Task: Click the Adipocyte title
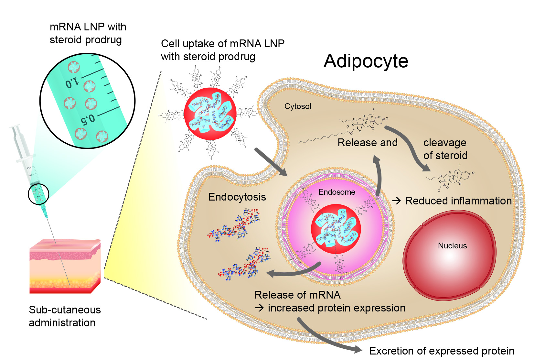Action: click(366, 61)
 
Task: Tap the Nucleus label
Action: click(452, 246)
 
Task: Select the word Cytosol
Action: click(298, 106)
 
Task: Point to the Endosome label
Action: click(337, 192)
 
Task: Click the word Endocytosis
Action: click(237, 197)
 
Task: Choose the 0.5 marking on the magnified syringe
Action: click(88, 119)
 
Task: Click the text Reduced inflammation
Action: click(458, 201)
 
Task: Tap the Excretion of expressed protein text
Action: click(442, 351)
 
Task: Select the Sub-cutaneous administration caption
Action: click(65, 316)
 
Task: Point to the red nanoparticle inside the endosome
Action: click(336, 229)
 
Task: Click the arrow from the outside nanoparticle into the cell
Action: click(271, 162)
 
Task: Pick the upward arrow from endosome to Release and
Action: click(378, 175)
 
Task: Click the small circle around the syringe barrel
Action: click(38, 194)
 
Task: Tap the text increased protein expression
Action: click(336, 308)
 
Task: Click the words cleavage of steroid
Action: click(445, 149)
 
